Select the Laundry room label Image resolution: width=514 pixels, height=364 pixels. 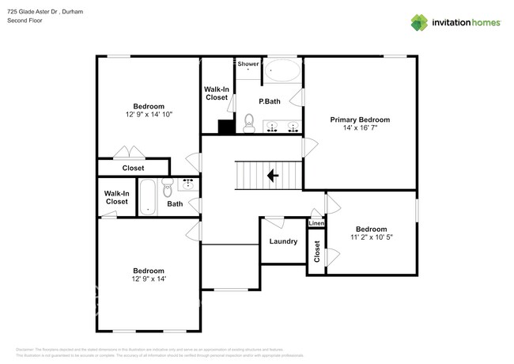point(283,241)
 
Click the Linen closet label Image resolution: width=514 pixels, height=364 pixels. point(316,224)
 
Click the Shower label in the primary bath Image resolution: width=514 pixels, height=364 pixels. point(248,63)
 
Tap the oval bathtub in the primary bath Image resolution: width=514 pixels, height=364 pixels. point(282,72)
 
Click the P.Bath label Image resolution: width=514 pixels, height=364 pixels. point(270,101)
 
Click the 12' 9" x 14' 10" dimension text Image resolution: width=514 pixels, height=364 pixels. point(149,115)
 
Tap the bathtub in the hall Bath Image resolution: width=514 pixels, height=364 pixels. point(148,196)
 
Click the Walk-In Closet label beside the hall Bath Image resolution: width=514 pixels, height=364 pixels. point(116,197)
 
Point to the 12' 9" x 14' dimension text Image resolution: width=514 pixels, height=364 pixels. point(149,279)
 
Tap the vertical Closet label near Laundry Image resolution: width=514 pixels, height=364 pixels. point(317,252)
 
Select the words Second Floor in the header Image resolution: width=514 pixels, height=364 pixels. point(25,21)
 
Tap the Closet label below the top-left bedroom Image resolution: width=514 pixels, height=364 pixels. point(133,168)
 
